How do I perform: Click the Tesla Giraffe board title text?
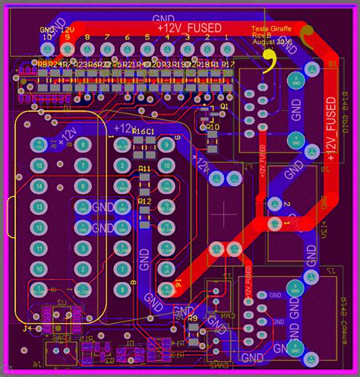click(x=271, y=28)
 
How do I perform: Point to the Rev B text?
click(x=261, y=35)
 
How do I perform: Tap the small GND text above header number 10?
click(x=47, y=30)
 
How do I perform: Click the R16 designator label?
click(x=138, y=132)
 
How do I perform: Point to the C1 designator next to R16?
click(x=150, y=132)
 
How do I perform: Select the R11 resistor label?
click(x=144, y=168)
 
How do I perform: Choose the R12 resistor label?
click(x=144, y=201)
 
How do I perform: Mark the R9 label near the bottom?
click(x=192, y=318)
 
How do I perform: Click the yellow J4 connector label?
click(x=27, y=328)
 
